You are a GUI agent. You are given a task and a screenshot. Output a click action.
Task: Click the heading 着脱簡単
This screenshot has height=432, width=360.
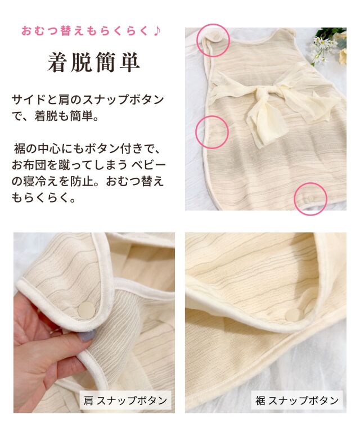(93, 62)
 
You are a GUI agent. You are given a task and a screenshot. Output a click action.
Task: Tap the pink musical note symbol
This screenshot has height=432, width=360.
(156, 30)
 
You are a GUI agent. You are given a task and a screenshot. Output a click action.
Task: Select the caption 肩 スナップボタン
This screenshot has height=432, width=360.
(125, 400)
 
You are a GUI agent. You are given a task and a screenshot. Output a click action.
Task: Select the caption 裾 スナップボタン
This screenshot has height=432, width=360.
(297, 400)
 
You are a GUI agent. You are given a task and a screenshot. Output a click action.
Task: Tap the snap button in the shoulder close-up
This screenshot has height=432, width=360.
(86, 310)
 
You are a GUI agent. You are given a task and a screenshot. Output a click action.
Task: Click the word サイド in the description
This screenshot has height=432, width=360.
(29, 100)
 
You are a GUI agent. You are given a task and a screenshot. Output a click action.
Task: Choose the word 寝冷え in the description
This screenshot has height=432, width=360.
(40, 182)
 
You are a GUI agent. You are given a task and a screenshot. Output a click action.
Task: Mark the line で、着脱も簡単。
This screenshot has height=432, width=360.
(55, 116)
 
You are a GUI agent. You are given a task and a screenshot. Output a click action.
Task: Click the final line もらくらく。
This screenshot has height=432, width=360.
(43, 198)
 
